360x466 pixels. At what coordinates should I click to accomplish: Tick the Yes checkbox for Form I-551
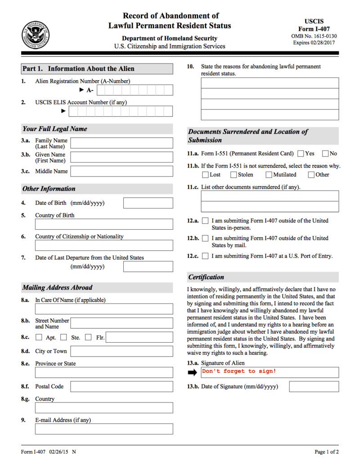[301, 154]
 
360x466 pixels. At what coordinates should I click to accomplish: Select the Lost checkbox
[205, 175]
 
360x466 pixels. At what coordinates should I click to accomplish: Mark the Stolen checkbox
[234, 175]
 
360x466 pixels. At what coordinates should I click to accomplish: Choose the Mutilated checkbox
[269, 175]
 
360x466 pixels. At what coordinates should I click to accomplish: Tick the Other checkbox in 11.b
[311, 175]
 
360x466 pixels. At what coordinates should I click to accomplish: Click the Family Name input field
[121, 143]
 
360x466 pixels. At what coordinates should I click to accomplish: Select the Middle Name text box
[121, 171]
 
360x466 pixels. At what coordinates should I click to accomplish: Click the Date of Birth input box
[148, 203]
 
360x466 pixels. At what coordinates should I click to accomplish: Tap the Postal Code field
[121, 386]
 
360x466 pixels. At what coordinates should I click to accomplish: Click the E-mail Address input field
[104, 429]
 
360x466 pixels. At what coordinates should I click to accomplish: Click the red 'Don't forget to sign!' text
[239, 371]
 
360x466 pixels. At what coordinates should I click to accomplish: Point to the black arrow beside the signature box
[193, 372]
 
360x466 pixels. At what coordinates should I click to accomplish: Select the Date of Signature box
[314, 387]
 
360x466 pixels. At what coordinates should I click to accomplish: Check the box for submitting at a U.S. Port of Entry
[205, 256]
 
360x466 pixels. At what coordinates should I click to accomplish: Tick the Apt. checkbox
[39, 337]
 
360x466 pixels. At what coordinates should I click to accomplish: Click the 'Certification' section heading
[206, 277]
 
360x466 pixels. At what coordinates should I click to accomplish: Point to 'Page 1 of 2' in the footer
[327, 452]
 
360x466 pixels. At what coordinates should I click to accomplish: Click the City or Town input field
[121, 351]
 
